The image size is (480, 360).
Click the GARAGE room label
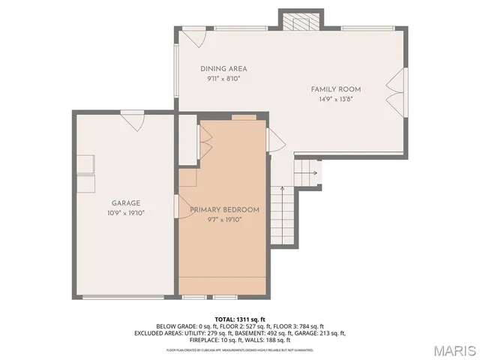pos(126,202)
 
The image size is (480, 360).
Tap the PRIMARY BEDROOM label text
pos(224,210)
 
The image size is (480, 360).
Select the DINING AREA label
pos(223,69)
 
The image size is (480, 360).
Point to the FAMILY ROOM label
pos(336,89)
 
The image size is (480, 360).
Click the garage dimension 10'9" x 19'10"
pos(126,212)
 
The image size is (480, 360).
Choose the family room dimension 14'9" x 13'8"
pos(336,99)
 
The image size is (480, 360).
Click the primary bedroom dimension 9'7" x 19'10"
pos(224,220)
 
